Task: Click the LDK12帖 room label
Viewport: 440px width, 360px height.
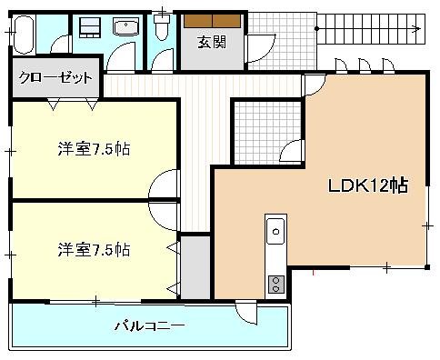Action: click(366, 186)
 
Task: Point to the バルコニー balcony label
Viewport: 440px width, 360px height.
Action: click(150, 325)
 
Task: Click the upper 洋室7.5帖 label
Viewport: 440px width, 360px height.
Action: click(94, 148)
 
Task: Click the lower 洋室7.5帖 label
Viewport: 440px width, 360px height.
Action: click(94, 248)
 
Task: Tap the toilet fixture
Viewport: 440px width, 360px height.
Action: click(162, 31)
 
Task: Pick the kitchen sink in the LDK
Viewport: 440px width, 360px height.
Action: click(275, 234)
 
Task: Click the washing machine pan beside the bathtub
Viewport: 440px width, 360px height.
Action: click(87, 26)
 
